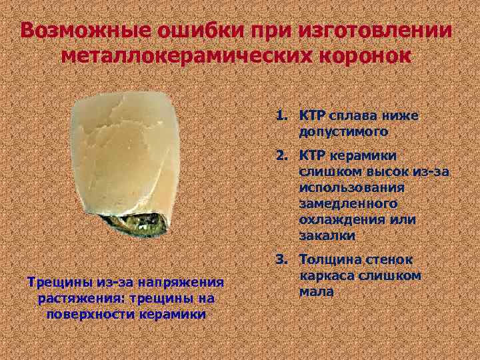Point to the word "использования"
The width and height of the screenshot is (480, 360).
348,188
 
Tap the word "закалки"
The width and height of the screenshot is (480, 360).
327,236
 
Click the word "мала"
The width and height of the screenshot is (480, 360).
316,292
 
